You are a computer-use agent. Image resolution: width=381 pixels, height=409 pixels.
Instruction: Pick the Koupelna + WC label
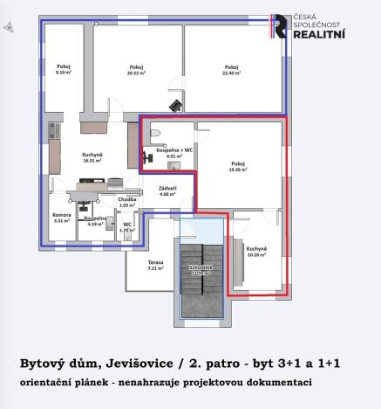pos(174,151)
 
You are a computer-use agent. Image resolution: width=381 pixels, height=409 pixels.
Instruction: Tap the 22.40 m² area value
pos(231,73)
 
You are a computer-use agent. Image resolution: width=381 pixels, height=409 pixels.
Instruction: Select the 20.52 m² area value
pos(136,73)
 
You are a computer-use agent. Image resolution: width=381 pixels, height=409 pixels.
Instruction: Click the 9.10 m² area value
pos(62,73)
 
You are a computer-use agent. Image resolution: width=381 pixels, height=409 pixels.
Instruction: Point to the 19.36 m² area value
pos(238,169)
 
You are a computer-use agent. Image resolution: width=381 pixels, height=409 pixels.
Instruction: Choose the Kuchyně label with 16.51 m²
pos(93,155)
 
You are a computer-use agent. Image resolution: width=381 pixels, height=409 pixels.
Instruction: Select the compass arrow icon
pos(9,28)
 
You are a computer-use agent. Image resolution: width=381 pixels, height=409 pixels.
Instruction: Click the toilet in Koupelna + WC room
pos(155,132)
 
